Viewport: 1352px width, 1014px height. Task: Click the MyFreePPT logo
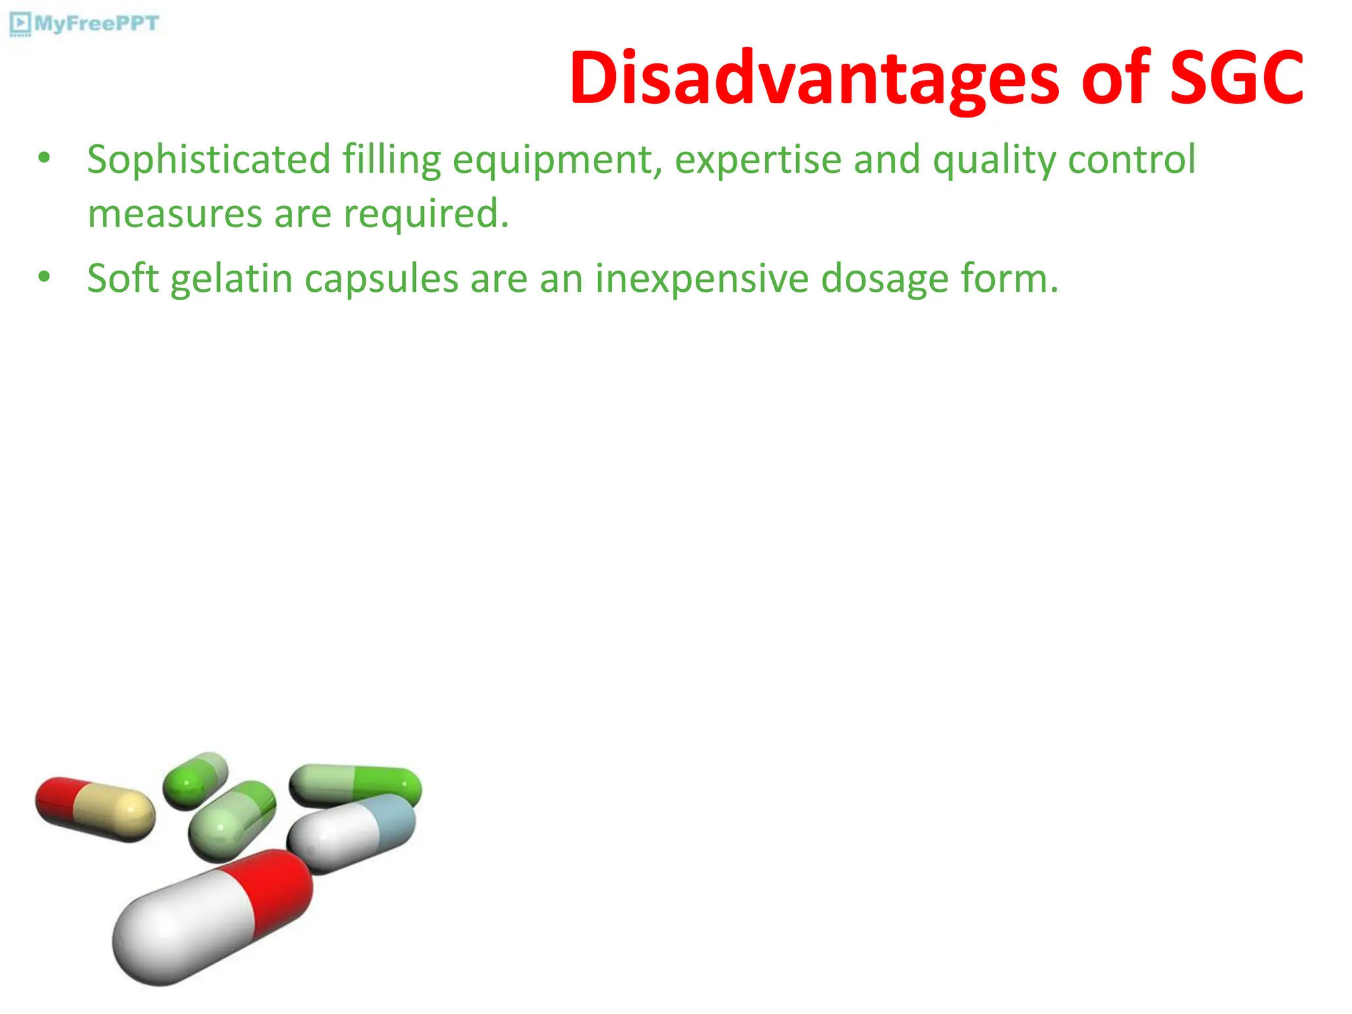point(84,24)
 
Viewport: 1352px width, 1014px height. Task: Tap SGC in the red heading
point(1236,79)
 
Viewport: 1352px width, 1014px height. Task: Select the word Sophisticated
point(209,160)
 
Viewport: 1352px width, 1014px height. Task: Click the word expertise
point(758,161)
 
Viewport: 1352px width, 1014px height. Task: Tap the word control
point(1132,160)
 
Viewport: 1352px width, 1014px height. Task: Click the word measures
point(175,215)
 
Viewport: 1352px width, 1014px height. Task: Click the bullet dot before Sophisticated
point(44,158)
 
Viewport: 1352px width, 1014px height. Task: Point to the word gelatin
point(232,279)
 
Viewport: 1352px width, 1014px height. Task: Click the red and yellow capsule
point(95,809)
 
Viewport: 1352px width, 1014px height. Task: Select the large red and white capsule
point(211,918)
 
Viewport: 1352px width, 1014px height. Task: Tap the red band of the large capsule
point(271,889)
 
